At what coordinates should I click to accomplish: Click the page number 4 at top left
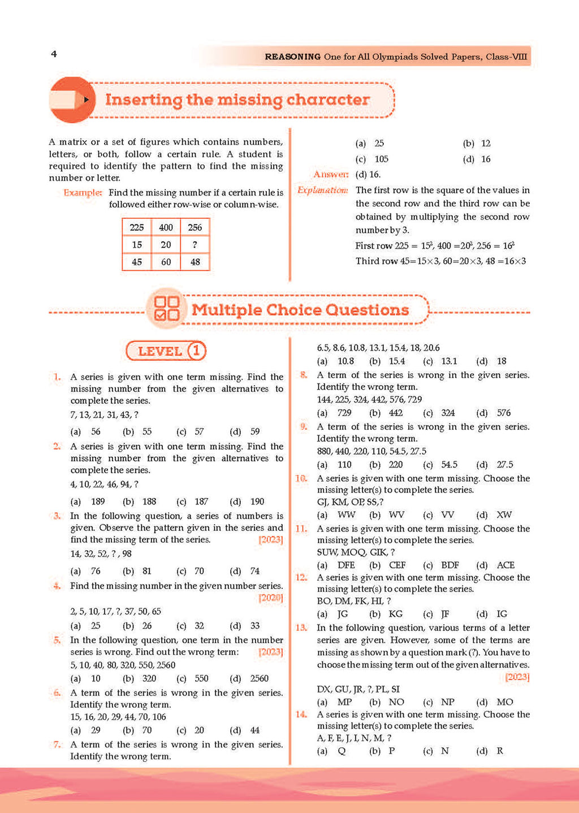[x=54, y=54]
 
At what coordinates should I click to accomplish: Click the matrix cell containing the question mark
[x=195, y=245]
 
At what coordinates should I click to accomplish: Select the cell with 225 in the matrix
[x=137, y=227]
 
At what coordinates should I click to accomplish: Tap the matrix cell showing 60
[x=166, y=262]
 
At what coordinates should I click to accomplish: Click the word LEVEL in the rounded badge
[x=160, y=351]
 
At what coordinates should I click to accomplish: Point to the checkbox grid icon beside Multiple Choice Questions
[x=166, y=309]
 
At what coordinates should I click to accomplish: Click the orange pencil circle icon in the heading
[x=71, y=100]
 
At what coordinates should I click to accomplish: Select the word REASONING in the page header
[x=292, y=57]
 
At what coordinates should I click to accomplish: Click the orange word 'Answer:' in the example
[x=331, y=175]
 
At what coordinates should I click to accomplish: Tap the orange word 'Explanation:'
[x=322, y=191]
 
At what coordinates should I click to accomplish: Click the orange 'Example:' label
[x=83, y=193]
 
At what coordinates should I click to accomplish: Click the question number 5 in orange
[x=57, y=640]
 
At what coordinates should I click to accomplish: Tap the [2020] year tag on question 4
[x=271, y=598]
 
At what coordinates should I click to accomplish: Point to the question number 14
[x=301, y=715]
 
